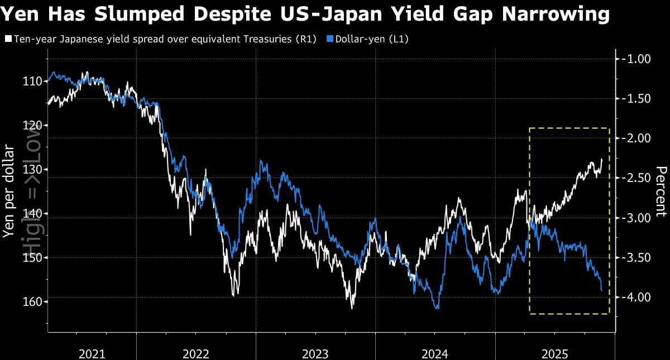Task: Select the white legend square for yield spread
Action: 8,39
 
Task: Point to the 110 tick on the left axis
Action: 32,81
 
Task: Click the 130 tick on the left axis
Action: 32,170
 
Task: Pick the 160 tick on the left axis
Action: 32,302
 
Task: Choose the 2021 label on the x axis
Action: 92,353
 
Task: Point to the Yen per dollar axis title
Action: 8,190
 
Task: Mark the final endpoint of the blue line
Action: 602,290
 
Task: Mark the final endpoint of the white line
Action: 602,159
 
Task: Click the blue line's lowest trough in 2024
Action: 437,308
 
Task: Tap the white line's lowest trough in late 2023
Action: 352,308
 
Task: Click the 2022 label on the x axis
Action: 195,353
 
